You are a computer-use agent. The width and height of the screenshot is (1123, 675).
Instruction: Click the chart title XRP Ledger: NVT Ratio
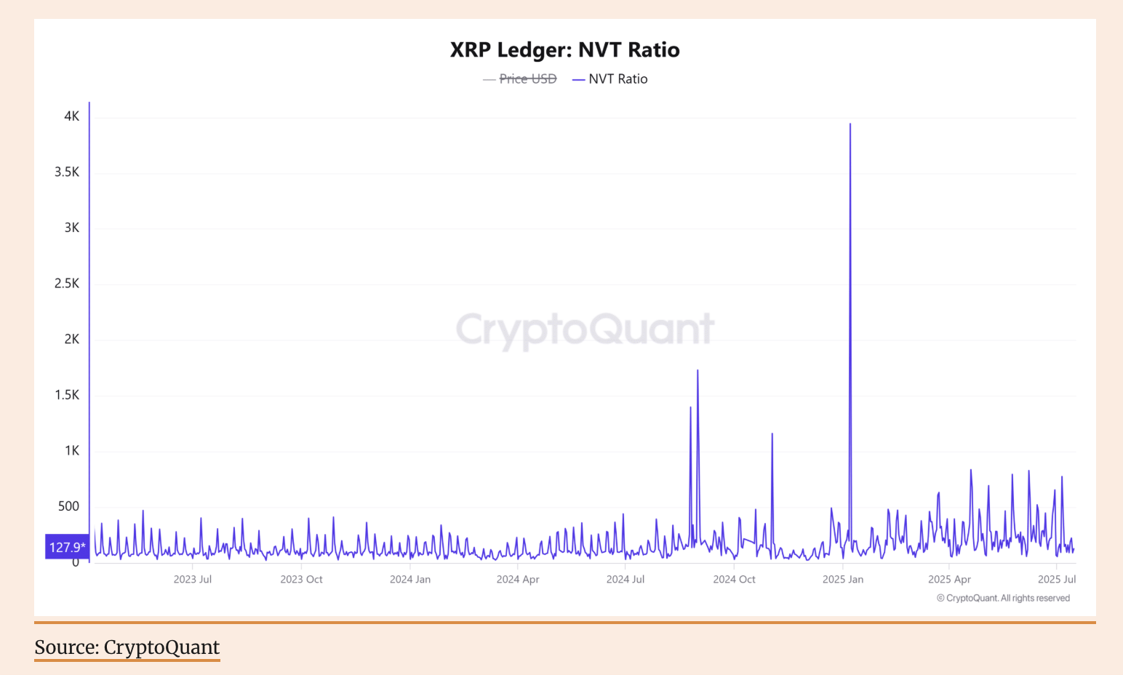click(x=564, y=50)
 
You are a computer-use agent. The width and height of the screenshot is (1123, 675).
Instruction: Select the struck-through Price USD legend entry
click(x=527, y=79)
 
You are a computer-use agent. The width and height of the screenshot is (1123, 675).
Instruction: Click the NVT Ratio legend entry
click(x=618, y=79)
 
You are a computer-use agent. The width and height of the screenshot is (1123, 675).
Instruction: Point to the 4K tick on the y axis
click(x=71, y=116)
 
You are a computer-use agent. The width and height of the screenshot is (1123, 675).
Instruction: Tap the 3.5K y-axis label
click(x=67, y=172)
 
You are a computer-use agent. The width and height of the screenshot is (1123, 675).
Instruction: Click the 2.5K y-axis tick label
click(x=67, y=284)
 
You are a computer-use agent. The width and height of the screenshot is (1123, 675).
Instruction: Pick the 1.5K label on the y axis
click(x=67, y=395)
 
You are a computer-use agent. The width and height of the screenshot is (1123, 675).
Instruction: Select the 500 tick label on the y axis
click(x=68, y=506)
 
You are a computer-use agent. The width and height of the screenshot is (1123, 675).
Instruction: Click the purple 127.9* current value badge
click(x=67, y=547)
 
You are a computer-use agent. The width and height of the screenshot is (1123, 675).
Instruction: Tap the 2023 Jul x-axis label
click(x=193, y=580)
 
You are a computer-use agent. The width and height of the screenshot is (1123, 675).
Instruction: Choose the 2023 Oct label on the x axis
click(x=301, y=580)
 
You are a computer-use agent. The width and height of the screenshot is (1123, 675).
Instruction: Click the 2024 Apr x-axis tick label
click(x=518, y=580)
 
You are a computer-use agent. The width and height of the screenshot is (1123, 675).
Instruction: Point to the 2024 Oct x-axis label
click(x=734, y=580)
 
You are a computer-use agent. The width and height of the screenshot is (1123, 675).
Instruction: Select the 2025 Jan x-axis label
click(x=843, y=580)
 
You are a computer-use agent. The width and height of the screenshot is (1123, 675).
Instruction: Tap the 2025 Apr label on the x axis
click(x=949, y=580)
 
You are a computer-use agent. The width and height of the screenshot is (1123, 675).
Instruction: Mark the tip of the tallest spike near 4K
click(x=850, y=124)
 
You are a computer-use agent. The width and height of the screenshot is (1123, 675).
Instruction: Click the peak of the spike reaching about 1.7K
click(x=698, y=371)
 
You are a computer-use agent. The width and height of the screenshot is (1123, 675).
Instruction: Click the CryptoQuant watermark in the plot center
click(x=585, y=329)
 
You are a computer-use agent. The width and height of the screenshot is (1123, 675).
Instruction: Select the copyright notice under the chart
click(x=1003, y=599)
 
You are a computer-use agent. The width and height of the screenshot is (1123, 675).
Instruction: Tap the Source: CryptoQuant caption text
click(x=127, y=647)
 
